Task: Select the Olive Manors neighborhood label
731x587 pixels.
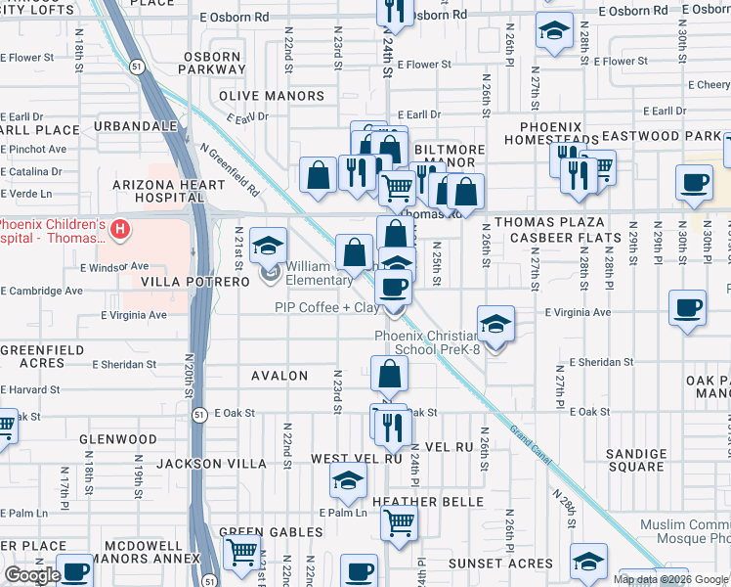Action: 272,96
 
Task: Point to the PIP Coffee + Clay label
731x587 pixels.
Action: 326,308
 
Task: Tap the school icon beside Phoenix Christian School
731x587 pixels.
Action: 495,325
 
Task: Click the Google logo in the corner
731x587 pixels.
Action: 31,574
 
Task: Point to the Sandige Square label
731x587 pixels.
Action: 635,460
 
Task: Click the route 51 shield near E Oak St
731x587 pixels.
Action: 198,413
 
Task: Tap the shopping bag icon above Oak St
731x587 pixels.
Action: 389,374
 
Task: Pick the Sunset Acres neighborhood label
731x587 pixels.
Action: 500,564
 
